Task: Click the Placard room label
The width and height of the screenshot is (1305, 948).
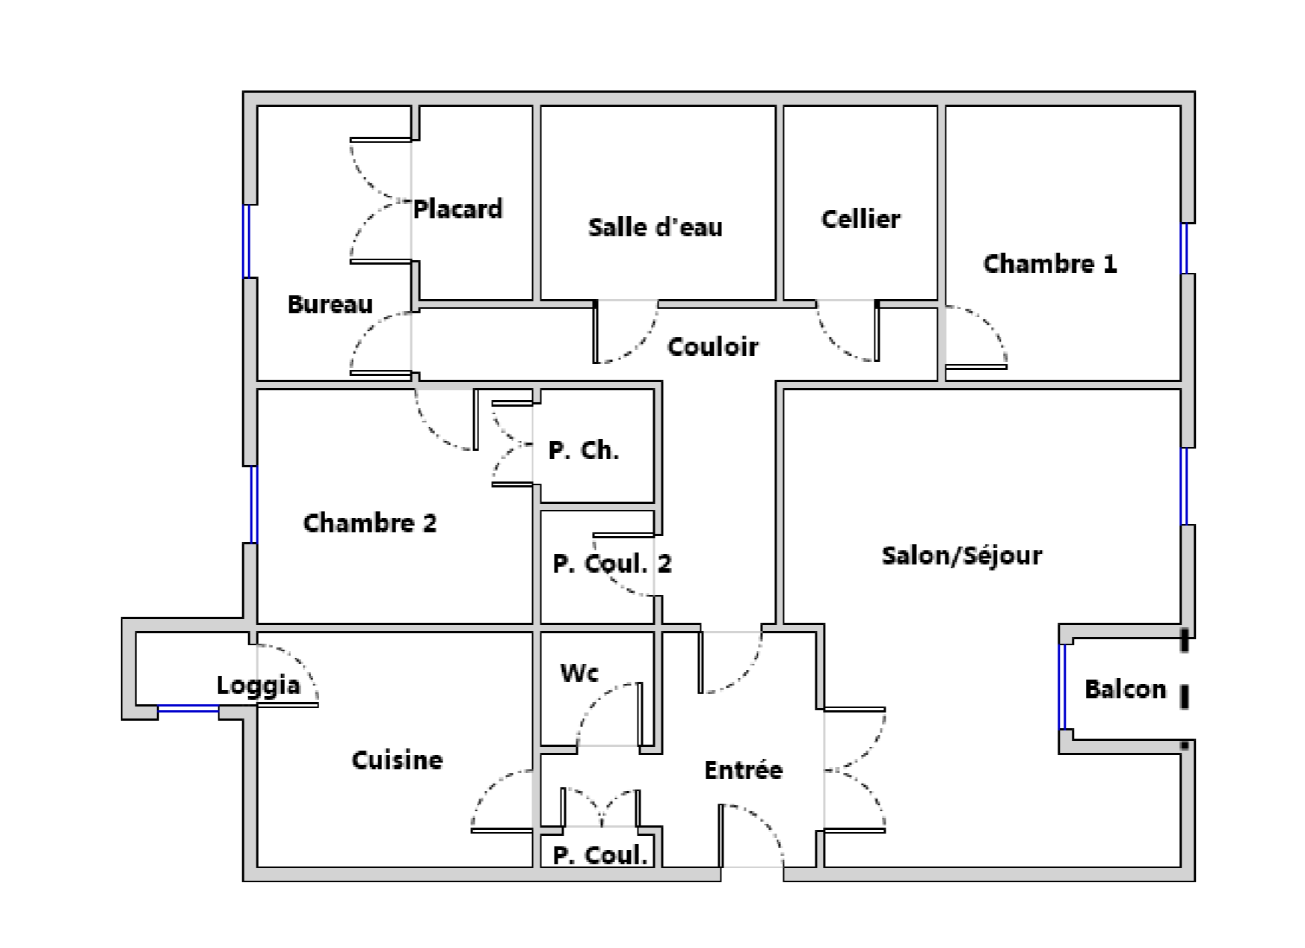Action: [x=457, y=209]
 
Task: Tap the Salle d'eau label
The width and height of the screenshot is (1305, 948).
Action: [x=655, y=227]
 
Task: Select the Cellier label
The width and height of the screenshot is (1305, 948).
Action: [x=860, y=218]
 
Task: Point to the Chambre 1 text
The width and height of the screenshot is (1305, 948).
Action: [x=1049, y=263]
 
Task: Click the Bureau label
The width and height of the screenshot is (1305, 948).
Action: [x=330, y=304]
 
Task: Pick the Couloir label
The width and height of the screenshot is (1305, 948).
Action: [x=712, y=346]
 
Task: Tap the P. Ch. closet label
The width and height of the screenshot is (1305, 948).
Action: [x=583, y=450]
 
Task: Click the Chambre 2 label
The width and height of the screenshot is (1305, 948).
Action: [x=369, y=523]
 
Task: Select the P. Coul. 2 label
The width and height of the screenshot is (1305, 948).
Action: [x=611, y=564]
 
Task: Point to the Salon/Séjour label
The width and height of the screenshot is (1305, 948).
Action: [x=961, y=555]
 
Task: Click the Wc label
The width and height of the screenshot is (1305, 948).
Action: [x=579, y=672]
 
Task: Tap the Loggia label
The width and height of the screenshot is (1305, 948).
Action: [x=258, y=686]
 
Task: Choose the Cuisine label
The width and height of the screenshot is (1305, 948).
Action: [x=397, y=760]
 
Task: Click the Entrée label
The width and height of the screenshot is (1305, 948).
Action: [x=743, y=769]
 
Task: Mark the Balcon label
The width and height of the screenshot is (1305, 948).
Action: [x=1125, y=689]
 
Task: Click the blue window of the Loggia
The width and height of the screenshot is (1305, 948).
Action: [x=188, y=709]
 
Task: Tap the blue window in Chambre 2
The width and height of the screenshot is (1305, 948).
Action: [x=253, y=505]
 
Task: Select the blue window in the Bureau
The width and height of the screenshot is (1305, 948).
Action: [x=246, y=241]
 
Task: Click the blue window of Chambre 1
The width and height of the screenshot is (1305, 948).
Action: [x=1184, y=248]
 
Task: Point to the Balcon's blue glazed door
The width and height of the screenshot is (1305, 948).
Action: [x=1062, y=686]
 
